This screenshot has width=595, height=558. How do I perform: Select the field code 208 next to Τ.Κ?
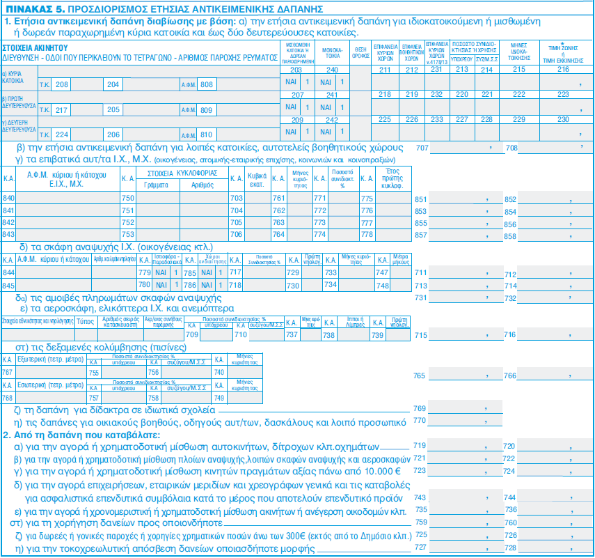click(62, 84)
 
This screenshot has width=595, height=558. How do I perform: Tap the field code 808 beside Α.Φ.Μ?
click(205, 84)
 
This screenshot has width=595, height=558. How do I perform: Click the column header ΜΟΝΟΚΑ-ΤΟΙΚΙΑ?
click(332, 53)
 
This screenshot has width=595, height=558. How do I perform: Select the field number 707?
click(421, 148)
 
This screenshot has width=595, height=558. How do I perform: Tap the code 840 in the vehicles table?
click(9, 199)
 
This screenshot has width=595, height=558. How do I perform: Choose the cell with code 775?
click(367, 199)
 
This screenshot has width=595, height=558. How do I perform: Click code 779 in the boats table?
click(145, 272)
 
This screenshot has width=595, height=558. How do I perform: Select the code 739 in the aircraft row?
click(378, 334)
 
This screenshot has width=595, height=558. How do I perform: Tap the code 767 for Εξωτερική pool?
click(8, 373)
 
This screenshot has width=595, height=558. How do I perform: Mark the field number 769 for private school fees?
click(420, 408)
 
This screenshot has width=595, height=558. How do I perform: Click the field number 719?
click(420, 445)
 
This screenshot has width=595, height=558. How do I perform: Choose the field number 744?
click(510, 497)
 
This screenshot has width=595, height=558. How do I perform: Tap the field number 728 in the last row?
click(510, 547)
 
